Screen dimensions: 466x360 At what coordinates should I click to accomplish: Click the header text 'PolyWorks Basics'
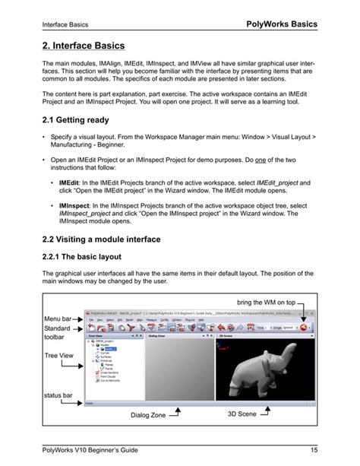pos(283,24)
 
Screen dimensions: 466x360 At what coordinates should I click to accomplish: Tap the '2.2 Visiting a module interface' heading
pos(112,239)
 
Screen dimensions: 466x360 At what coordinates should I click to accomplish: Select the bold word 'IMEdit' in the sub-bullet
pos(71,183)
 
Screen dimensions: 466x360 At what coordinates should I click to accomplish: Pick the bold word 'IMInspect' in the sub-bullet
pos(75,206)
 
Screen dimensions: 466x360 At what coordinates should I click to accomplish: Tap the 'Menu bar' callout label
pos(58,318)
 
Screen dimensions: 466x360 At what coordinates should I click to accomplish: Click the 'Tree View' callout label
pos(59,353)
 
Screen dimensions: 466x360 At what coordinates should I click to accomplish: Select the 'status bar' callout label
pos(58,395)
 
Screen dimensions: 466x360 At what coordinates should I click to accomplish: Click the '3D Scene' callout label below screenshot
pos(242,414)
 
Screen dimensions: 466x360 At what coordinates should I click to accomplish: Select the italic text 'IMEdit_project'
pos(277,183)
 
